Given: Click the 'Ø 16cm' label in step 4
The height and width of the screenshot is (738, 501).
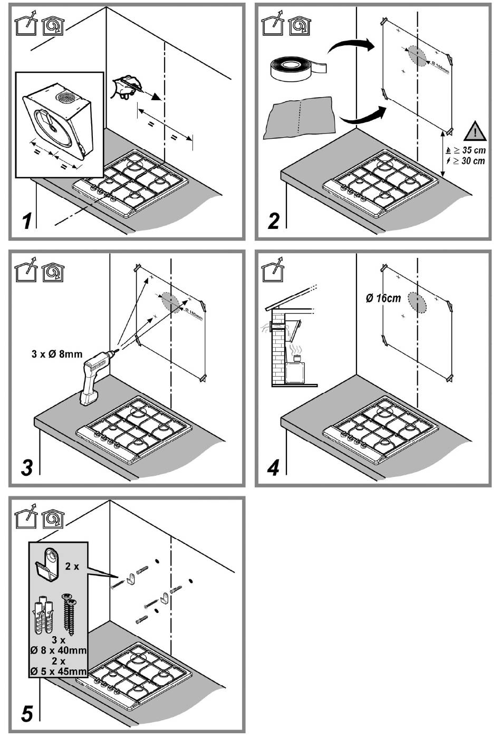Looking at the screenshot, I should [383, 298].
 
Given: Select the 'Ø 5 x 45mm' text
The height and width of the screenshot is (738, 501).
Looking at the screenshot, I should [59, 672].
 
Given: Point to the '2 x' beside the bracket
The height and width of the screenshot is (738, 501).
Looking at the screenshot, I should [72, 566].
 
